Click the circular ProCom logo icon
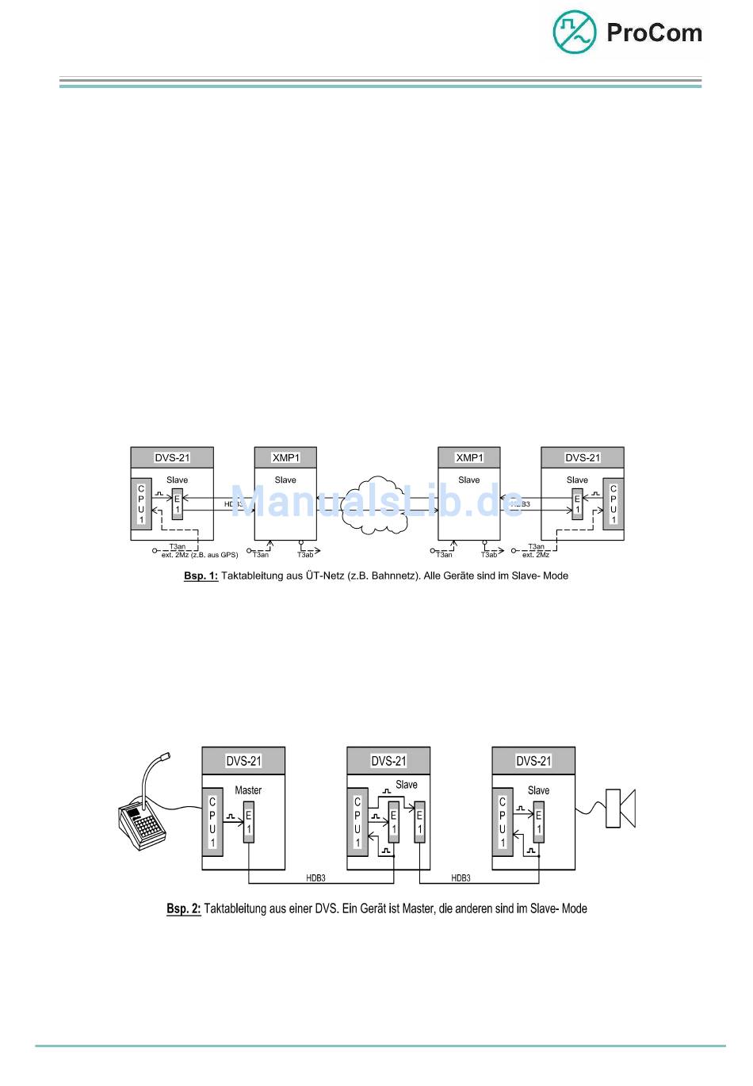tap(574, 33)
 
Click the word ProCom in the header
tap(654, 33)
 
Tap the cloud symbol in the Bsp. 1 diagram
tap(377, 505)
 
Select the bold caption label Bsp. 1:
tap(201, 576)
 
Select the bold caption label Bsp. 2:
tap(183, 908)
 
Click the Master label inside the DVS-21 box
tap(248, 790)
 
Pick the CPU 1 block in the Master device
tap(212, 822)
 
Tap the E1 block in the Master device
tap(248, 822)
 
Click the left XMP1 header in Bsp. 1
tap(285, 457)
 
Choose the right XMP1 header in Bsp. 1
tap(469, 457)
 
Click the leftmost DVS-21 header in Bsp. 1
tap(172, 457)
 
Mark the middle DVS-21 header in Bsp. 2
tap(388, 761)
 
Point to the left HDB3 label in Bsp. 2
tap(315, 878)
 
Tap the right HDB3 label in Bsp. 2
tap(461, 878)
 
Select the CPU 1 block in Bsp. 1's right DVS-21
tap(613, 504)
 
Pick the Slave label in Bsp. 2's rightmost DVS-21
tap(538, 790)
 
